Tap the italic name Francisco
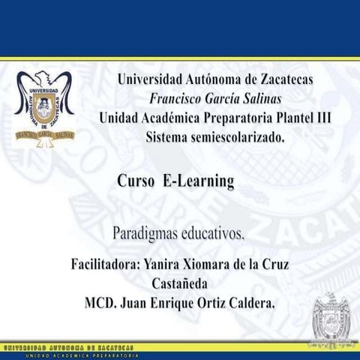point(178,99)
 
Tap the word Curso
point(136,181)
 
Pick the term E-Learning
point(198,181)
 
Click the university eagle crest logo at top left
point(44,106)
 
